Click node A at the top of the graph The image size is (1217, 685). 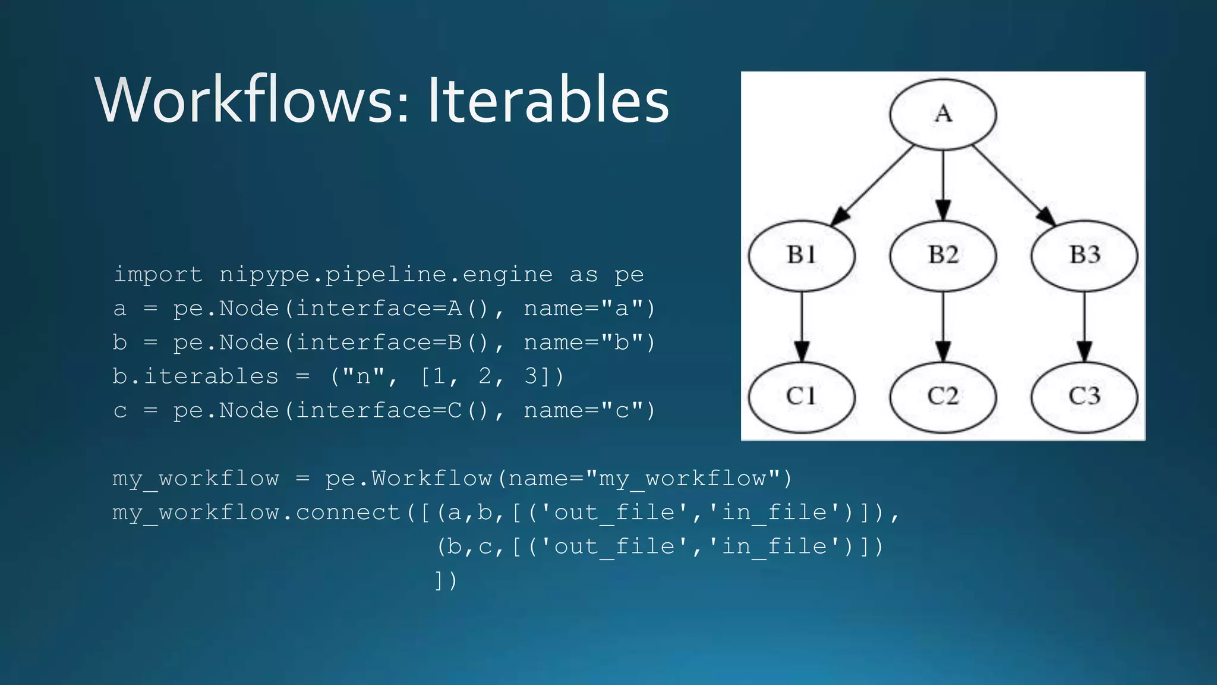[x=943, y=114]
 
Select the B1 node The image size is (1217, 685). [x=802, y=256]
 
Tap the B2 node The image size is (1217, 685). [x=943, y=256]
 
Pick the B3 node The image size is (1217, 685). [x=1084, y=256]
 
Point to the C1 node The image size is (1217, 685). [x=802, y=397]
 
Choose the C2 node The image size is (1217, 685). [x=943, y=397]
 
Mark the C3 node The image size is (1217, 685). [x=1084, y=397]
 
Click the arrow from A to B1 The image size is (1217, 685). [x=872, y=185]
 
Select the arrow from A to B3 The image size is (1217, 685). [x=1014, y=185]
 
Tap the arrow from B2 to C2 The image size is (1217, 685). [x=943, y=326]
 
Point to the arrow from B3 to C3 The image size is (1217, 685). [x=1084, y=326]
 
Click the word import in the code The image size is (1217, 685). [x=158, y=275]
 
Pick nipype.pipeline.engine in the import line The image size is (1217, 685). [x=386, y=275]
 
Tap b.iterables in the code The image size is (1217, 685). [x=196, y=376]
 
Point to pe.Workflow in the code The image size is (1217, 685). [x=409, y=479]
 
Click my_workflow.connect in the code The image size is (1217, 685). [x=256, y=513]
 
